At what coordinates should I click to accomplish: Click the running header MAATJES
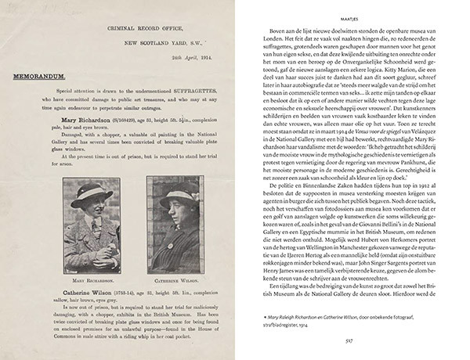click(352, 10)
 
